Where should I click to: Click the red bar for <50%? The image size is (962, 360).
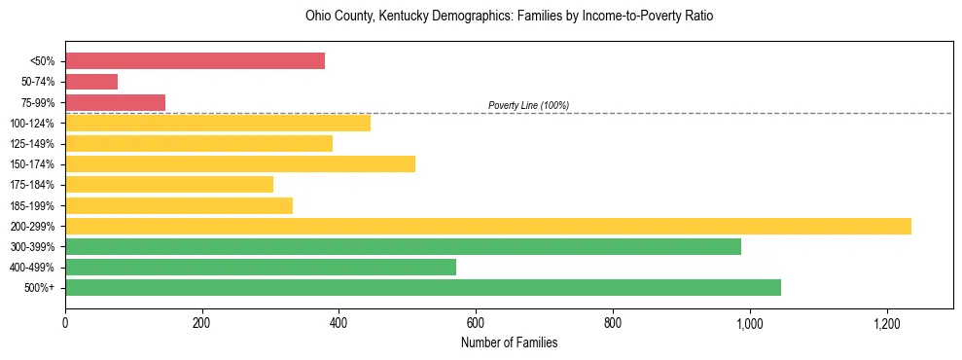[x=195, y=61]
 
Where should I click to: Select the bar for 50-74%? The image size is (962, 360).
[x=91, y=82]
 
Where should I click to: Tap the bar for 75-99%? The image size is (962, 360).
[x=115, y=102]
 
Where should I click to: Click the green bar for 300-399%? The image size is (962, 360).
[x=403, y=246]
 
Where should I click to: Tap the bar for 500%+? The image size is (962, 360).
[x=423, y=287]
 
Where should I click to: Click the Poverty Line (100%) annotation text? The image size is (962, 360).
[x=528, y=105]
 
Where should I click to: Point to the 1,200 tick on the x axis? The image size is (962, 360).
[x=887, y=322]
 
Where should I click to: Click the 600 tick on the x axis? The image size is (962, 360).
[x=476, y=322]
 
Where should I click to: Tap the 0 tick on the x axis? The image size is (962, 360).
[x=65, y=322]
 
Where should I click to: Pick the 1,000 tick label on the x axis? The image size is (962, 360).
[x=750, y=322]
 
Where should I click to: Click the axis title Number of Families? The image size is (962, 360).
[x=509, y=342]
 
